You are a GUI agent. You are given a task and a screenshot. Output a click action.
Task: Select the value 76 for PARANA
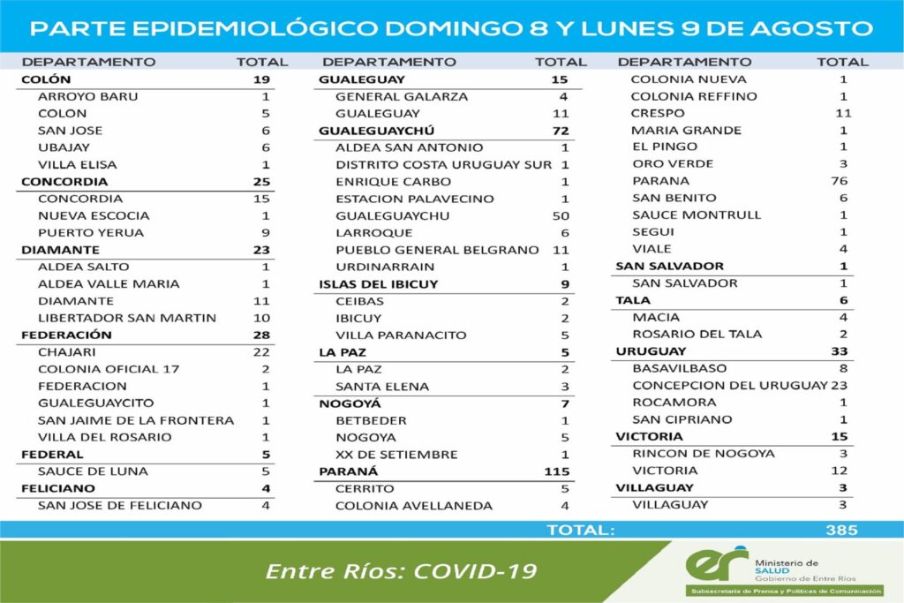[839, 181]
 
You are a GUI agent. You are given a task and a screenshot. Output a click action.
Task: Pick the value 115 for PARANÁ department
[556, 471]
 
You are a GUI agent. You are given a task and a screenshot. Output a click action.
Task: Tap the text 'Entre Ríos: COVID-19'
[401, 570]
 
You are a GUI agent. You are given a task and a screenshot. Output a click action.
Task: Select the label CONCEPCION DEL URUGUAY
[729, 386]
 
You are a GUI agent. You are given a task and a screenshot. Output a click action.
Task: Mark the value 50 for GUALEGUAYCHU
[561, 215]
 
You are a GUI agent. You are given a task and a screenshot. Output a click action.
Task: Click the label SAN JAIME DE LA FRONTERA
[136, 420]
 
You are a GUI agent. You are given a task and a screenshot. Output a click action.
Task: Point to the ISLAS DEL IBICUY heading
[378, 283]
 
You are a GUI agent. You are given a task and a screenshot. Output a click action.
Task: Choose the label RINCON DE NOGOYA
[704, 454]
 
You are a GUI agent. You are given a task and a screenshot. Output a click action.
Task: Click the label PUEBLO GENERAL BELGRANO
[437, 250]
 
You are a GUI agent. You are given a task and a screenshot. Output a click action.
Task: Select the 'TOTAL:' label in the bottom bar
[580, 530]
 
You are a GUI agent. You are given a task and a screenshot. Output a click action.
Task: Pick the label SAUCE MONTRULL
[684, 215]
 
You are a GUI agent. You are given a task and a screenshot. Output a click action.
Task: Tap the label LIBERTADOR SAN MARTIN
[115, 318]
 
